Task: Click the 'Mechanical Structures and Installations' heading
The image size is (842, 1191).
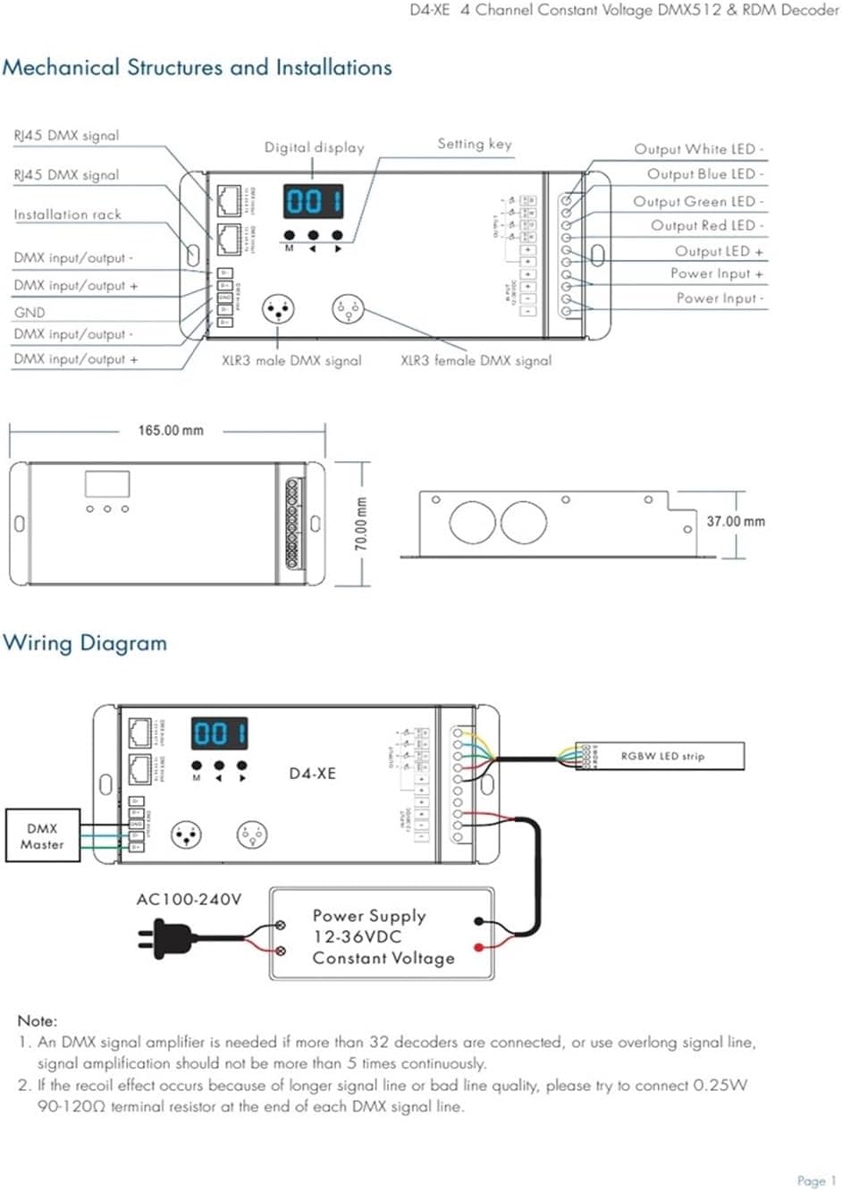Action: (x=197, y=68)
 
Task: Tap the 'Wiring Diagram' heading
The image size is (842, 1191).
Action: (x=85, y=643)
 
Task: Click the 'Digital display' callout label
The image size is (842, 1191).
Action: (x=314, y=147)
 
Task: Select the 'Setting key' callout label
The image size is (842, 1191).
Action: (x=474, y=144)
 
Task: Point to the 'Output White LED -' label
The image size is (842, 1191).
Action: (x=698, y=149)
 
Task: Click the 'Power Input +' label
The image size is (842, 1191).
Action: (x=716, y=274)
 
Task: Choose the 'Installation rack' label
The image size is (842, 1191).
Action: (x=67, y=214)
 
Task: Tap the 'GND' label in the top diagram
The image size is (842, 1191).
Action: (x=29, y=313)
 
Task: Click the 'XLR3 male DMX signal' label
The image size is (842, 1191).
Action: (x=291, y=361)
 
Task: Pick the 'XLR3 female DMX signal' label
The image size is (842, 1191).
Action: (x=476, y=361)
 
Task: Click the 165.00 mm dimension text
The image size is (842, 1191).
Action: (x=170, y=431)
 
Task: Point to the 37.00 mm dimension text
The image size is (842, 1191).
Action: (x=735, y=522)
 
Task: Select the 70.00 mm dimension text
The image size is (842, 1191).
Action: (x=360, y=524)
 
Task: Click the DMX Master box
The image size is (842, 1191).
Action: (x=42, y=836)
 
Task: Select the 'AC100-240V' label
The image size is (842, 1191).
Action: (x=189, y=900)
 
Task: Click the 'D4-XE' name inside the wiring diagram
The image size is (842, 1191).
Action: (x=312, y=774)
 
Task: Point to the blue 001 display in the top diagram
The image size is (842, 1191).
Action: (x=313, y=202)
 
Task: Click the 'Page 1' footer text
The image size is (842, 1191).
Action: (x=816, y=1180)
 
